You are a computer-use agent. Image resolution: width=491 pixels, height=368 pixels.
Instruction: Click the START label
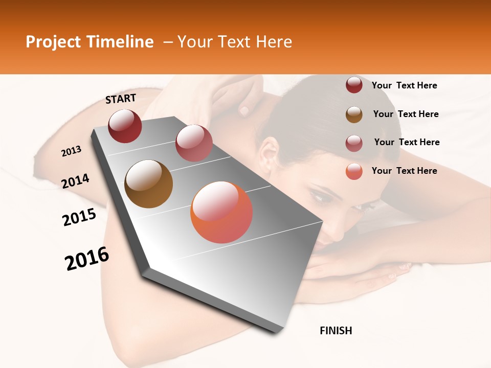pyautogui.click(x=121, y=99)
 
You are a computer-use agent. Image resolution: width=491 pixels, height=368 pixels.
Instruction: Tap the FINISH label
pyautogui.click(x=336, y=331)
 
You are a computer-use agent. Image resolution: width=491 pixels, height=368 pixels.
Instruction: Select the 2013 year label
pyautogui.click(x=72, y=151)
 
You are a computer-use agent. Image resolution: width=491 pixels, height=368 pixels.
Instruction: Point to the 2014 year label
pyautogui.click(x=76, y=181)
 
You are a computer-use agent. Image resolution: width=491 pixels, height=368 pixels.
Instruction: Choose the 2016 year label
pyautogui.click(x=87, y=259)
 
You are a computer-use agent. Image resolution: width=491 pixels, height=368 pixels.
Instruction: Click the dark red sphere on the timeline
pyautogui.click(x=125, y=126)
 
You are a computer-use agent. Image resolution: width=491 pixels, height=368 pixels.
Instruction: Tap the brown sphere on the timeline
pyautogui.click(x=148, y=184)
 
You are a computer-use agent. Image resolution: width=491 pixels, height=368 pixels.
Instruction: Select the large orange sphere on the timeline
pyautogui.click(x=221, y=212)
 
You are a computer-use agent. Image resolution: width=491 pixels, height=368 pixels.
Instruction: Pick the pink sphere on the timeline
pyautogui.click(x=194, y=143)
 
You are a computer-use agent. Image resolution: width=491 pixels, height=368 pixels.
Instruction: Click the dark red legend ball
pyautogui.click(x=354, y=85)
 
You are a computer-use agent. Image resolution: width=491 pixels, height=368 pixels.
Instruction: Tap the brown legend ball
pyautogui.click(x=354, y=114)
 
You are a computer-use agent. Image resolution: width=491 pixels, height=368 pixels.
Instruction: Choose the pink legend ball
pyautogui.click(x=354, y=143)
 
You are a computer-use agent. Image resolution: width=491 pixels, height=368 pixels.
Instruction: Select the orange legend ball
pyautogui.click(x=354, y=171)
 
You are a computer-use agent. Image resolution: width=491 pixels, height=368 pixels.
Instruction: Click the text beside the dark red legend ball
pyautogui.click(x=404, y=85)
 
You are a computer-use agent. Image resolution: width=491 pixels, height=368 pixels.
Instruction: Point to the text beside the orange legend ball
pyautogui.click(x=404, y=171)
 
